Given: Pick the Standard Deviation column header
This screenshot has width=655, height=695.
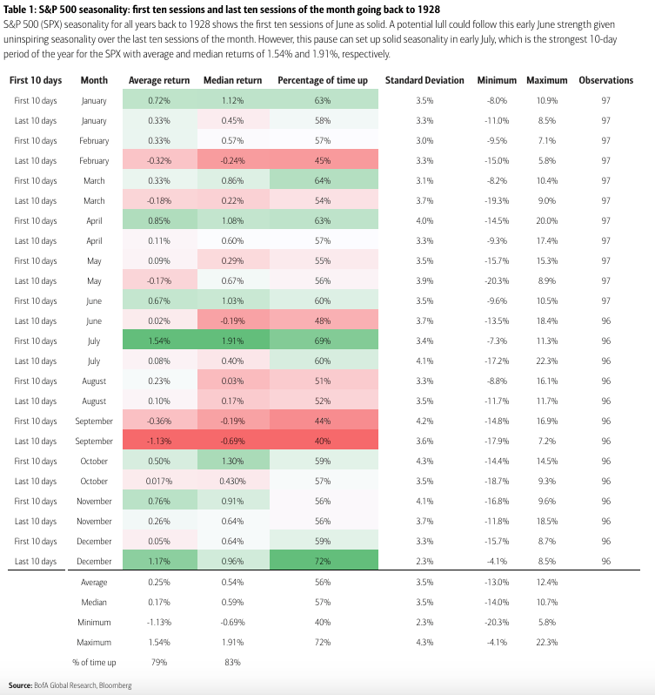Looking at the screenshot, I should (424, 80).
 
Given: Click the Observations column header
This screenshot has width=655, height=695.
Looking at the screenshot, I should (605, 80).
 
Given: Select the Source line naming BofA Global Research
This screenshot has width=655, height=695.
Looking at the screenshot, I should (70, 685).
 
